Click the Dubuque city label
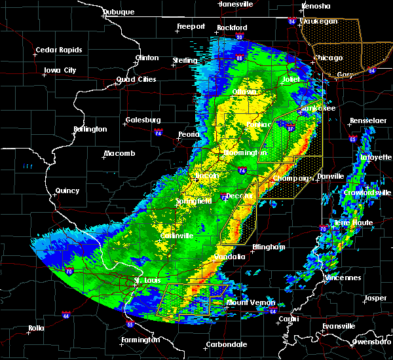[x=119, y=12]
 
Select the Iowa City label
[x=60, y=70]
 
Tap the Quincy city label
[x=67, y=191]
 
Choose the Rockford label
[x=232, y=27]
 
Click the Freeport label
[x=191, y=27]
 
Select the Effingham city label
[x=269, y=247]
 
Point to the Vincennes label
[x=343, y=278]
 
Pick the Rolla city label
[x=37, y=328]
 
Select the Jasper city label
[x=375, y=298]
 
